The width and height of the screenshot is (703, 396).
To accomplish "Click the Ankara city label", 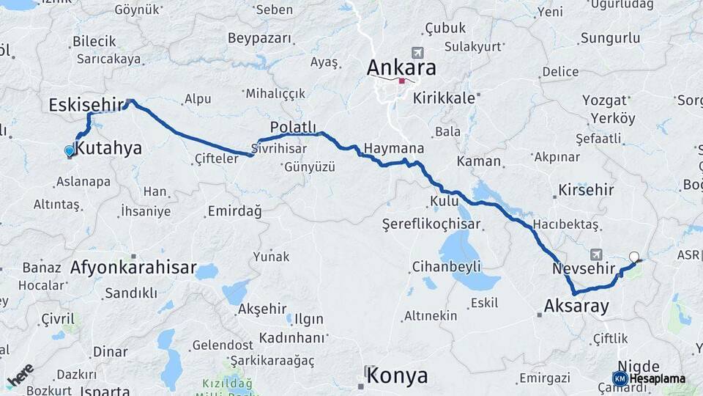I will point(401,68).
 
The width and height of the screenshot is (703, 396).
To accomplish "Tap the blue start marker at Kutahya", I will point(70,150).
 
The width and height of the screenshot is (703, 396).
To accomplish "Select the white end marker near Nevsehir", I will point(634,257).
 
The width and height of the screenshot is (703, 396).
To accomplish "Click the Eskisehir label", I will point(86,105).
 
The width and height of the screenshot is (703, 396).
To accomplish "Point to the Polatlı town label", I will point(293,126).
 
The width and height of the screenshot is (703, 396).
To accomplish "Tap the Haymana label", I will point(394,148).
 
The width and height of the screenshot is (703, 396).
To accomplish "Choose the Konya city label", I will point(397,376).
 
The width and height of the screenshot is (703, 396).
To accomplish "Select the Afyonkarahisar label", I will point(133,268).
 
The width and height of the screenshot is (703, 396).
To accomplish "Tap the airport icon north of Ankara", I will point(417,53).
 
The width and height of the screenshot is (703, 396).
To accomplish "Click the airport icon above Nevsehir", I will point(595,254).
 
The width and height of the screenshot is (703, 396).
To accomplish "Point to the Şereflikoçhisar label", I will point(431,224).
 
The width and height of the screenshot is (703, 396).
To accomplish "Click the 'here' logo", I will point(21,374).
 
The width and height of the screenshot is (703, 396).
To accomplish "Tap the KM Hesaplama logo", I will point(650,378).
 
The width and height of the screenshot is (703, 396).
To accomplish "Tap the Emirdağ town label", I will point(234,211).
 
